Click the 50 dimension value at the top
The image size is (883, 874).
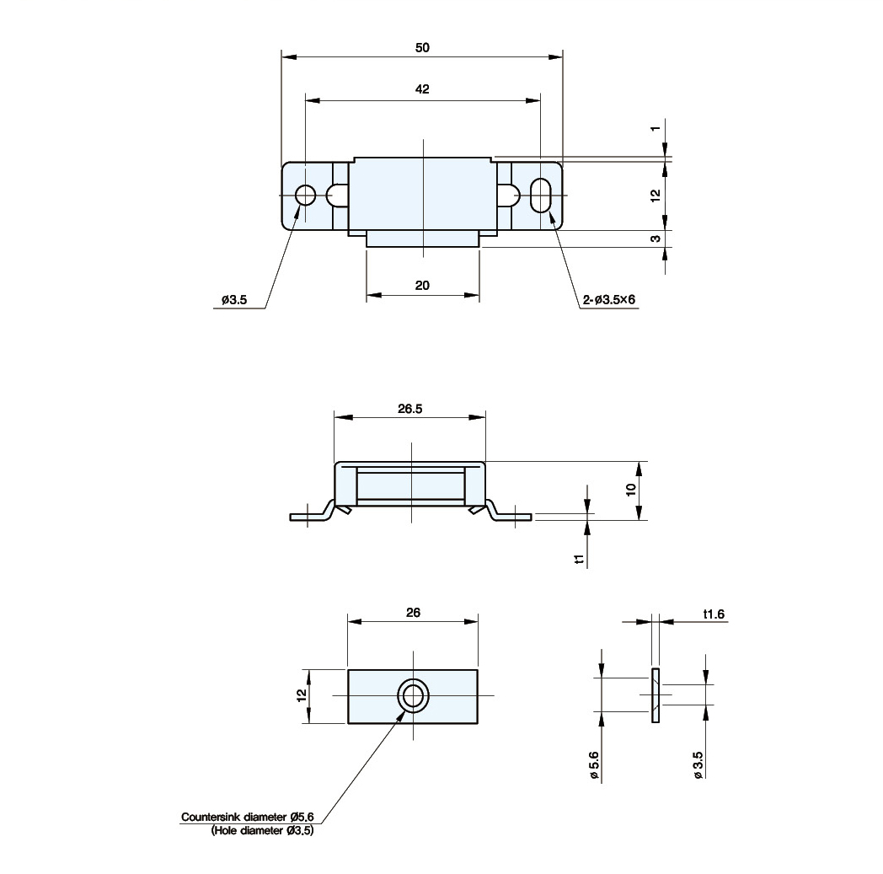422,48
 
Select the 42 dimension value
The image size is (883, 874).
422,89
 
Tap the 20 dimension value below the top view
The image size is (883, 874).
422,286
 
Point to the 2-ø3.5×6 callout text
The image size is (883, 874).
609,299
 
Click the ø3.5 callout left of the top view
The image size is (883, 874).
234,299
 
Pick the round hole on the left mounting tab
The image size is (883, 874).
305,196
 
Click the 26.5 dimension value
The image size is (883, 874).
410,409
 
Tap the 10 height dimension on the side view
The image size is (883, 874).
631,490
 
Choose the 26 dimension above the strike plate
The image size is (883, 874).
413,613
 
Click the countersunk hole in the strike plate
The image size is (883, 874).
414,696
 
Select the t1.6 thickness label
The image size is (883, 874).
714,614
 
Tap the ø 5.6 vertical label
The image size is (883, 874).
595,765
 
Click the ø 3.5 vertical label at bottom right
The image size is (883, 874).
698,765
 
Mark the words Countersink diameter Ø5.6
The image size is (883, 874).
247,817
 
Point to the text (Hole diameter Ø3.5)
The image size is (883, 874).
262,831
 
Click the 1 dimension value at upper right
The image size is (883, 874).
655,129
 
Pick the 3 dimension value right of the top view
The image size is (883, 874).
655,239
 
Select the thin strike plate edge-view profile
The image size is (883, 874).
656,696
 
